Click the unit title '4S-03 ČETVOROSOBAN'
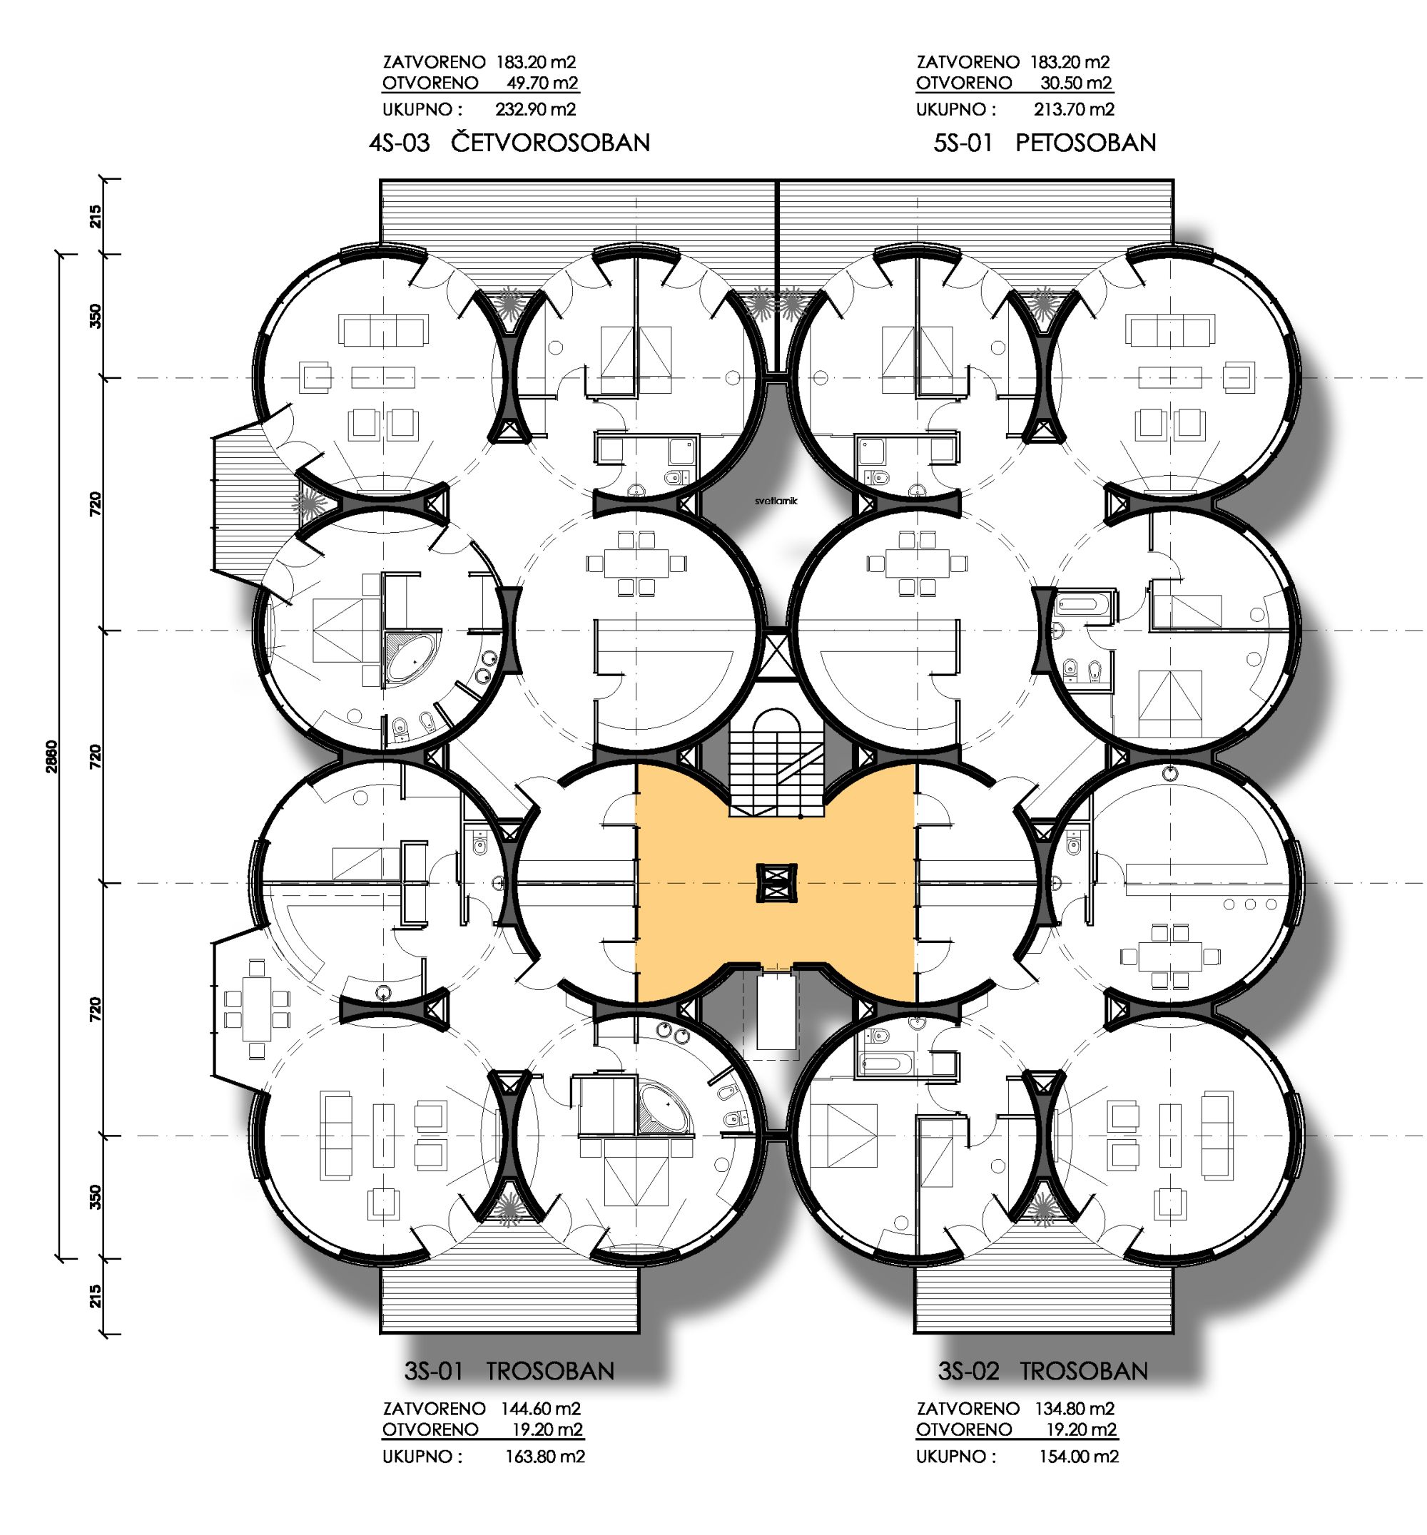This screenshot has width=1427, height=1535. pyautogui.click(x=509, y=143)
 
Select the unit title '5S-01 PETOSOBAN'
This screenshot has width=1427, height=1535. pyautogui.click(x=1045, y=143)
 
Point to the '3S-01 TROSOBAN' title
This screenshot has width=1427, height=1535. pyautogui.click(x=509, y=1372)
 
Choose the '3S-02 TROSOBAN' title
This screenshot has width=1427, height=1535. pyautogui.click(x=1043, y=1372)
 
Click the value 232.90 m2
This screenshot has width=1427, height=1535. pyautogui.click(x=536, y=110)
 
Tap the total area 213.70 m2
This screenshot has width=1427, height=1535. pyautogui.click(x=1074, y=110)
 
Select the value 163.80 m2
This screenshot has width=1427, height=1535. pyautogui.click(x=545, y=1457)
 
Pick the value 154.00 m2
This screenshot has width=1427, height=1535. pyautogui.click(x=1079, y=1457)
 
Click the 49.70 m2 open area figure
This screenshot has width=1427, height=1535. pyautogui.click(x=542, y=83)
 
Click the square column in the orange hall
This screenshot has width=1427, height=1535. pyautogui.click(x=776, y=883)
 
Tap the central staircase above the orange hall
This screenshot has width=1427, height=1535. pyautogui.click(x=777, y=763)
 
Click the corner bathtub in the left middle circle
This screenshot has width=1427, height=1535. pyautogui.click(x=411, y=657)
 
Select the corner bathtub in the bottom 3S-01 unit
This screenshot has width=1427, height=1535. pyautogui.click(x=665, y=1108)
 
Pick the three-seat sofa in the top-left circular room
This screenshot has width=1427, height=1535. pyautogui.click(x=383, y=330)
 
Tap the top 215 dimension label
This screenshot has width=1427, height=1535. pyautogui.click(x=95, y=216)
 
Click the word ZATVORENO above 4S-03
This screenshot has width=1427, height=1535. pyautogui.click(x=434, y=62)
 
